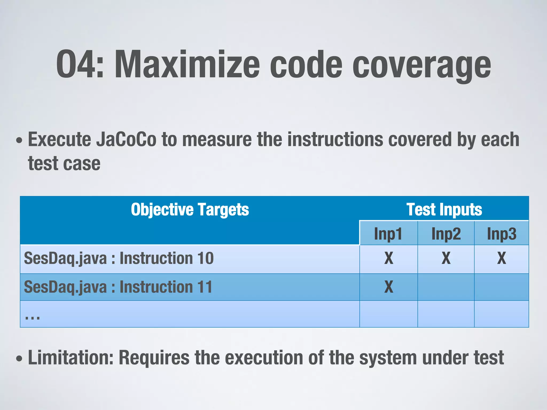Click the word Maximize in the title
187,65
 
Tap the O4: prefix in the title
80,65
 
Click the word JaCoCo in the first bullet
126,140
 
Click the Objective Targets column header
190,210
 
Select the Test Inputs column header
444,210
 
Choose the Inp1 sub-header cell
388,234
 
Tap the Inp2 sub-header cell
446,234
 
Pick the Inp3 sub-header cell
502,234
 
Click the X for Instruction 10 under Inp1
389,258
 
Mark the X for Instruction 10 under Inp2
446,258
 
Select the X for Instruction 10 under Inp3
502,258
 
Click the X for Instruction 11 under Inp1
389,287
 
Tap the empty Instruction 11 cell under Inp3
502,287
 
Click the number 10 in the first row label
205,258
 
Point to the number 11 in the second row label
205,287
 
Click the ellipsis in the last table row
32,317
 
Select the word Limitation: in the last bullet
71,358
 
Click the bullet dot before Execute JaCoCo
19,140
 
